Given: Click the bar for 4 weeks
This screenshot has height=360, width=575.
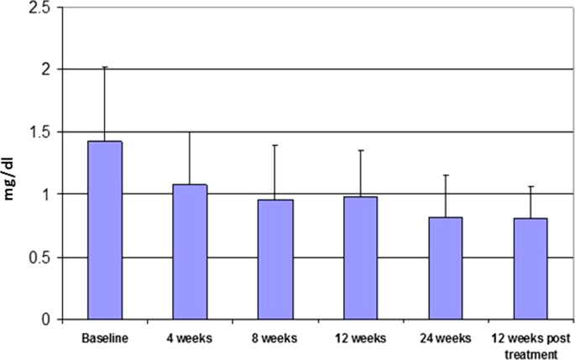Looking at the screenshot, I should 190,252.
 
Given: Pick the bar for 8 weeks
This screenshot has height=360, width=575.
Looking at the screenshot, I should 274,260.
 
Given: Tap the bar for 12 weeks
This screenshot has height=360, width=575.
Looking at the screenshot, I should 360,258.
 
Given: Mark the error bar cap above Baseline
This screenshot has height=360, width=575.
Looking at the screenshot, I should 104,67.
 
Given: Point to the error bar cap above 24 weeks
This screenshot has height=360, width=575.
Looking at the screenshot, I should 446,175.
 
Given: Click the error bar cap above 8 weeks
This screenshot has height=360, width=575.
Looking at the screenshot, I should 274,145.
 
